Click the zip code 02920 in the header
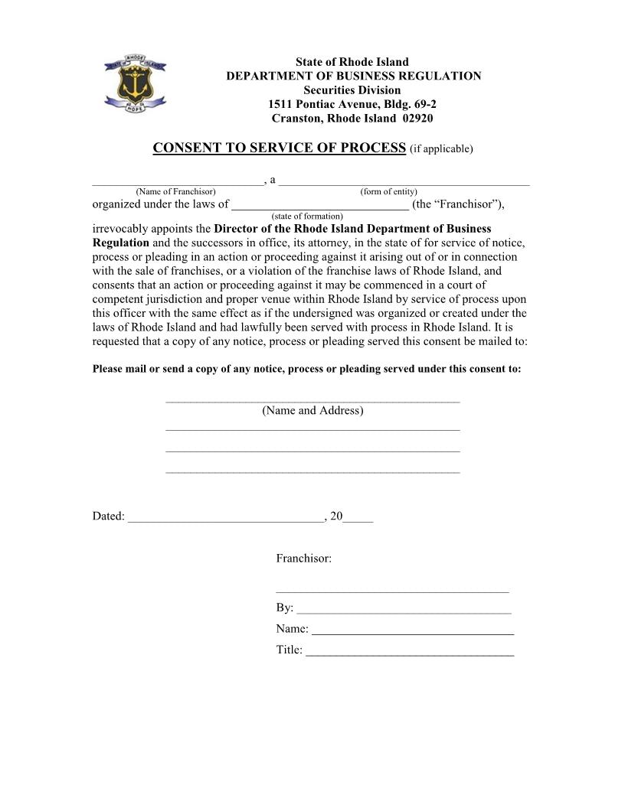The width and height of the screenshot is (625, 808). (417, 119)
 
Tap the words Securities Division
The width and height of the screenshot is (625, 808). (352, 90)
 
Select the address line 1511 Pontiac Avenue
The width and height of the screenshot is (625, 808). (352, 104)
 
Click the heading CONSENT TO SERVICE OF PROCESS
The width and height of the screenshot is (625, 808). (279, 148)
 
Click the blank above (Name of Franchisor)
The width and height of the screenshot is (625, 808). (177, 182)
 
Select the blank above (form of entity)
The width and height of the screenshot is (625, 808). (404, 182)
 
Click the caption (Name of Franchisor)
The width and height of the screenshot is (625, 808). (175, 191)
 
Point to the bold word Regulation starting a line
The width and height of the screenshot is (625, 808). (120, 243)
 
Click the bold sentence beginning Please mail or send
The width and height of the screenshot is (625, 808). (306, 369)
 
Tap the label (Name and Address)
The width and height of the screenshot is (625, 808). (312, 411)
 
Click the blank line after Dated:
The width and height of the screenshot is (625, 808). (225, 518)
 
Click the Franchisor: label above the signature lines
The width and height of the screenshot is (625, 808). (303, 559)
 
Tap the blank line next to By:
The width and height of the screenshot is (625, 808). (403, 610)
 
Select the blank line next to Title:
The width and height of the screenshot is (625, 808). (409, 653)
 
